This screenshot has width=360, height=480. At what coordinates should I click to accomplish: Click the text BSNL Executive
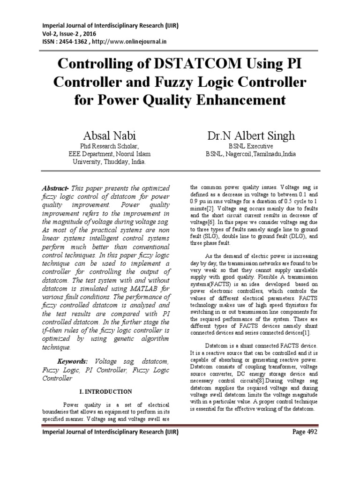[251, 146]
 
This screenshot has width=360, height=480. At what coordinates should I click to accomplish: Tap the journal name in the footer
[110, 432]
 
